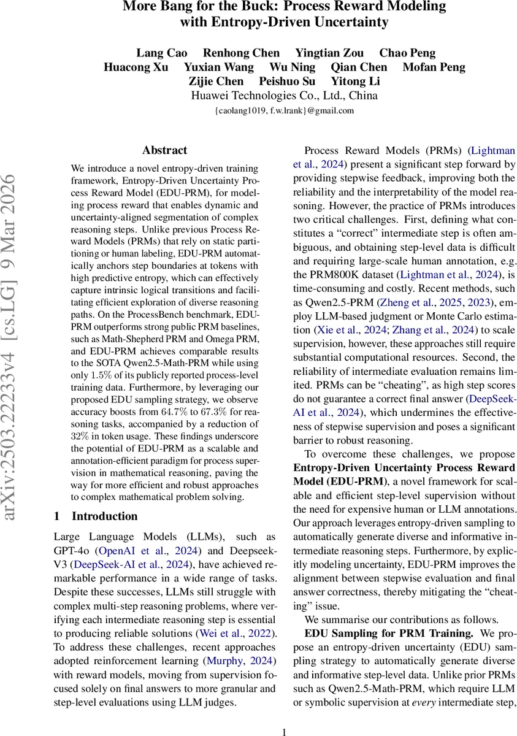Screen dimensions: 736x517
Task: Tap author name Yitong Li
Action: click(356, 81)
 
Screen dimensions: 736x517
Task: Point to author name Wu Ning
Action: click(293, 67)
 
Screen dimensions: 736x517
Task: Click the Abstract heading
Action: click(164, 150)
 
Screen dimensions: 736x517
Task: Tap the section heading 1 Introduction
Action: click(96, 516)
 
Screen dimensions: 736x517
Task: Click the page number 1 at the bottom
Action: click(284, 731)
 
